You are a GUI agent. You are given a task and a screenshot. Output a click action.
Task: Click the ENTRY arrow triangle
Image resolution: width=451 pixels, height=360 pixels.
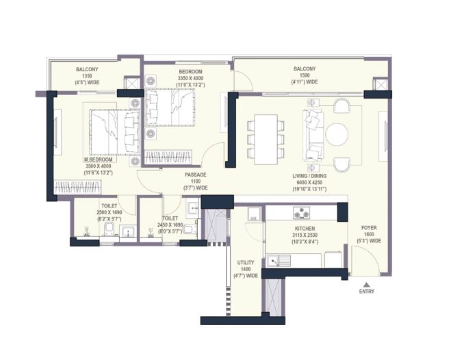[x=366, y=285]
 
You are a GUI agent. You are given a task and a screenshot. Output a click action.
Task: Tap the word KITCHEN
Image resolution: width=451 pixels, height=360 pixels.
[x=305, y=229]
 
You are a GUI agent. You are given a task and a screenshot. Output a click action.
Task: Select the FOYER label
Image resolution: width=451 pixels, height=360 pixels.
[x=369, y=228]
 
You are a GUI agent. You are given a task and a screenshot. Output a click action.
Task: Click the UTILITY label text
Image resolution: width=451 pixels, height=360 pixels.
[x=246, y=263]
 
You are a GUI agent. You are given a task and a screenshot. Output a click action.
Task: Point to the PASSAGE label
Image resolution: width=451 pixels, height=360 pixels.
[x=196, y=175]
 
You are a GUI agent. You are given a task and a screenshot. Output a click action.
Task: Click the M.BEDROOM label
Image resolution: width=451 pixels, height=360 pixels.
[x=98, y=159]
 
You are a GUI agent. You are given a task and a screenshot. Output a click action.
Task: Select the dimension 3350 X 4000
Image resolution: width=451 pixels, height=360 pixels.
[x=190, y=78]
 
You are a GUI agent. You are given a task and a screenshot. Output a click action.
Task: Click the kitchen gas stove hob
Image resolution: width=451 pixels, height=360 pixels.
[x=301, y=213]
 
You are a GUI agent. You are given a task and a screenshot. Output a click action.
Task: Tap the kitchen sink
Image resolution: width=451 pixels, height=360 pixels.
[x=279, y=261]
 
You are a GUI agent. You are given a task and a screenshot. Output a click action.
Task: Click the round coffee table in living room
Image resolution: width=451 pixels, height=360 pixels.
[x=337, y=134]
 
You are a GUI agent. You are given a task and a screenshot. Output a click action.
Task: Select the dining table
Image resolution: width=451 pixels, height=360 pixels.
[x=266, y=140]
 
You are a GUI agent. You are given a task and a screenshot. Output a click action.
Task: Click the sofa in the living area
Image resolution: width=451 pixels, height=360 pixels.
[x=313, y=136]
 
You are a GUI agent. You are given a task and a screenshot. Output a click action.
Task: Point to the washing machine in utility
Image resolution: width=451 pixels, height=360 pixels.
[x=254, y=214]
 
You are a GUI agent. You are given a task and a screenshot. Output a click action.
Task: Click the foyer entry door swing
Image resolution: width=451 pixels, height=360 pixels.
[x=366, y=259]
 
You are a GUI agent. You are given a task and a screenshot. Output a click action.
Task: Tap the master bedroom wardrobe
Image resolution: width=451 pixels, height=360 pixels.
[x=77, y=187]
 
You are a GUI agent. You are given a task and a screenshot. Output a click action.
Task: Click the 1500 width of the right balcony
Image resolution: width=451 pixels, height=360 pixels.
[x=305, y=75]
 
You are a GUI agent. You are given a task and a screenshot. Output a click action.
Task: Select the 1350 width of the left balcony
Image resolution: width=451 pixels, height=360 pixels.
[x=87, y=76]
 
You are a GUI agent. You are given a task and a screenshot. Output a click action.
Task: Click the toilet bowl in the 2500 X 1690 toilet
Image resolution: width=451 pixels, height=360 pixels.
[x=109, y=229]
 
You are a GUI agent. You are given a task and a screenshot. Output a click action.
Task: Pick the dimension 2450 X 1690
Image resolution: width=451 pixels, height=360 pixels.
[x=170, y=225]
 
